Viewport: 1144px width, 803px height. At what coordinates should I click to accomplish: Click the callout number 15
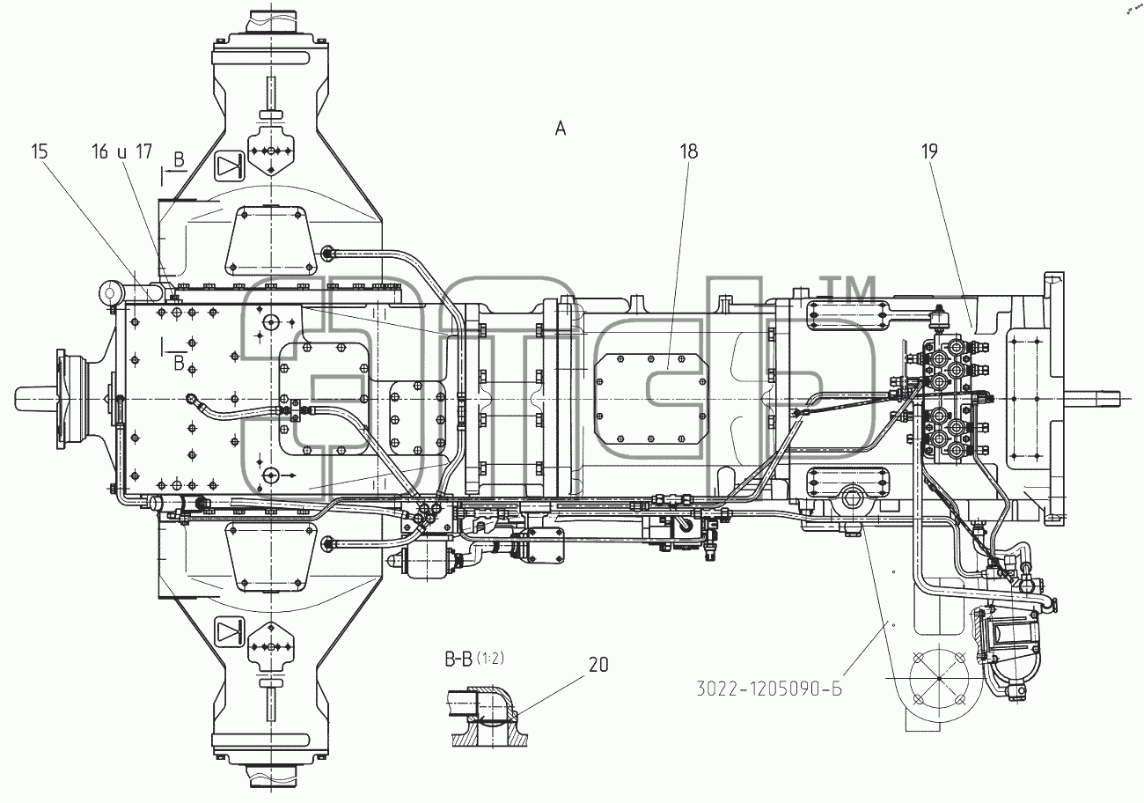click(40, 151)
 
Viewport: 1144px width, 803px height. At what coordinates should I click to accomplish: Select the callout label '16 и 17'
click(122, 151)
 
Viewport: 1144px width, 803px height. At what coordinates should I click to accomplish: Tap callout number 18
click(688, 151)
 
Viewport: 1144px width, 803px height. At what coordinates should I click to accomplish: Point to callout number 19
click(929, 151)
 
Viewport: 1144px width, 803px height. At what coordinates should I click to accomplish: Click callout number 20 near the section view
click(598, 665)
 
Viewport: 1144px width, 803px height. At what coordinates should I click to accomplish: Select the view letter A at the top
click(561, 129)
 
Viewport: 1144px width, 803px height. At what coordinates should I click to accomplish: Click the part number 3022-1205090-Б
click(769, 689)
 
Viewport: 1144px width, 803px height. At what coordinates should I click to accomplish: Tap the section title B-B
click(459, 659)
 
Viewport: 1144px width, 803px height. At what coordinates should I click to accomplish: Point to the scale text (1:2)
click(490, 659)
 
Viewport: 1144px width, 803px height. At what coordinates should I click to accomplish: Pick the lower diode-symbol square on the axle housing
click(230, 633)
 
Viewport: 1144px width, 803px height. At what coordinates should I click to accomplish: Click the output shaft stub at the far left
click(36, 398)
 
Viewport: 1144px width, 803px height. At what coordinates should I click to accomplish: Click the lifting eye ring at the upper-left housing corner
click(111, 292)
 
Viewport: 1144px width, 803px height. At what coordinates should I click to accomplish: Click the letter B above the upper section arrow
click(179, 160)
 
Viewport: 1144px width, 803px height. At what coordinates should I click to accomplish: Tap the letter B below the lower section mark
click(179, 364)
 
